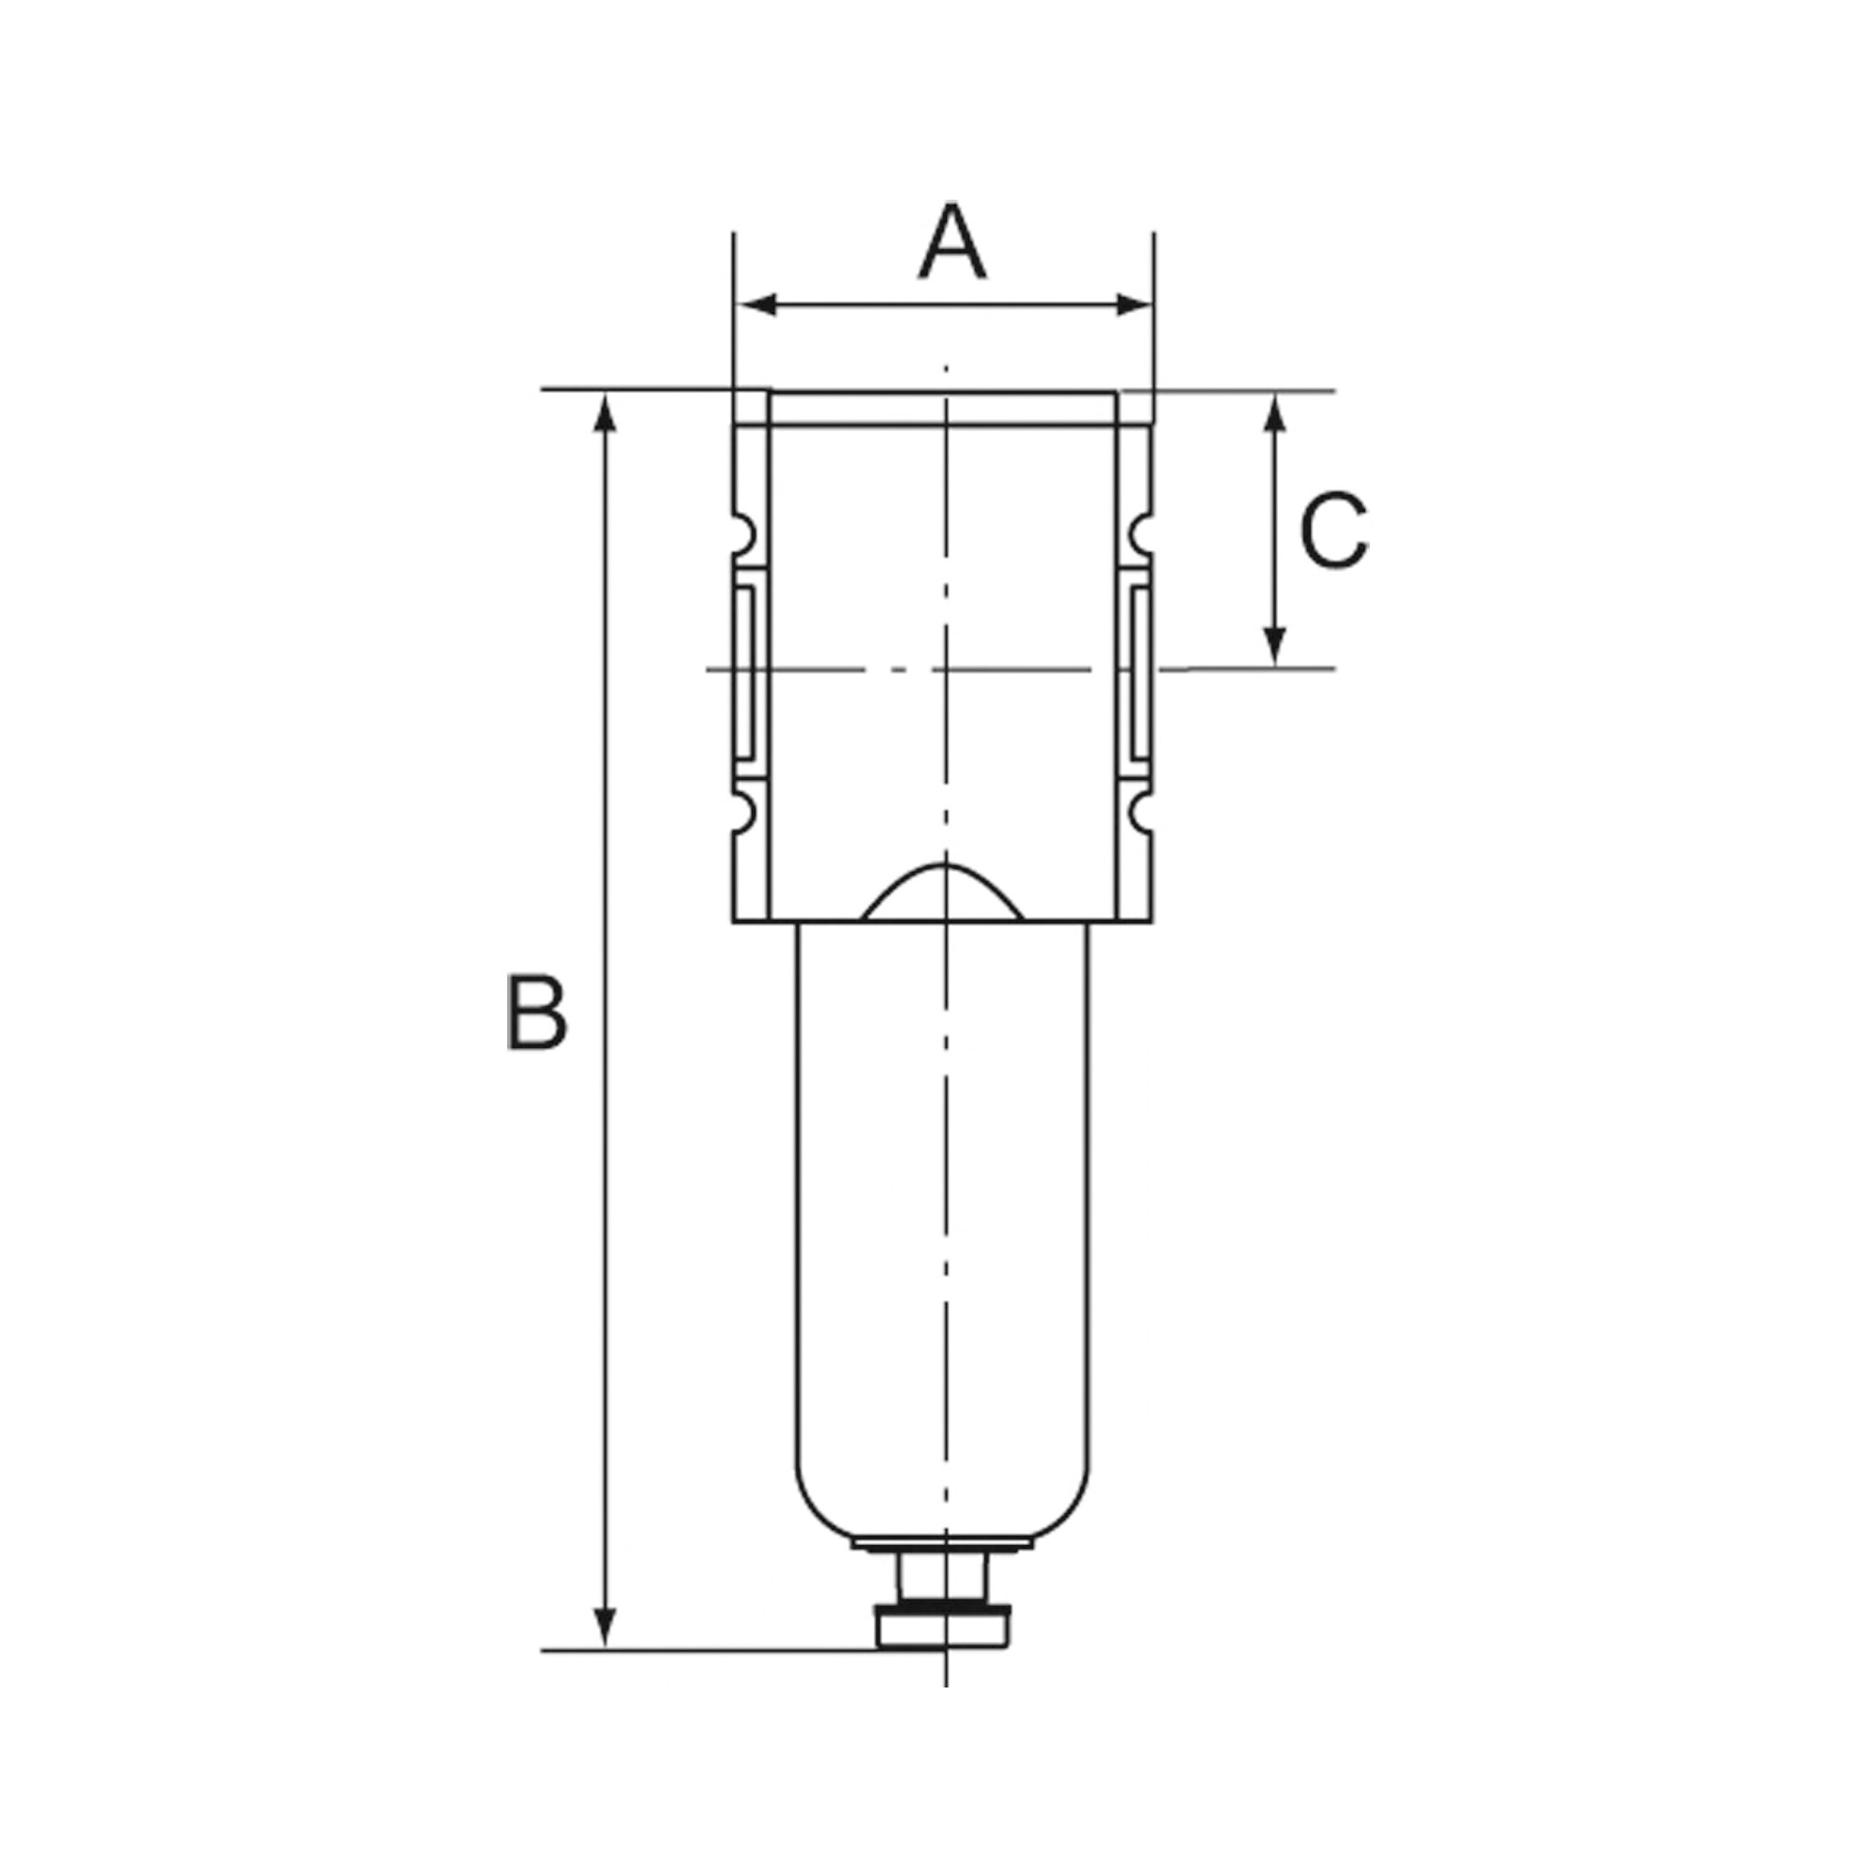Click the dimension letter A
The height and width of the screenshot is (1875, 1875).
click(952, 242)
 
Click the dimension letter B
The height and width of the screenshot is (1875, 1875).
click(535, 1014)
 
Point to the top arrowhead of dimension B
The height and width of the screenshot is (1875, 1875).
click(605, 412)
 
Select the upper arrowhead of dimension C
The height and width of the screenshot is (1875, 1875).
click(1276, 413)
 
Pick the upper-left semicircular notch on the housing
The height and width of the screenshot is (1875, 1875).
click(743, 532)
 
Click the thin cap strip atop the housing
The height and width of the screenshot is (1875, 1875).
click(943, 408)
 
